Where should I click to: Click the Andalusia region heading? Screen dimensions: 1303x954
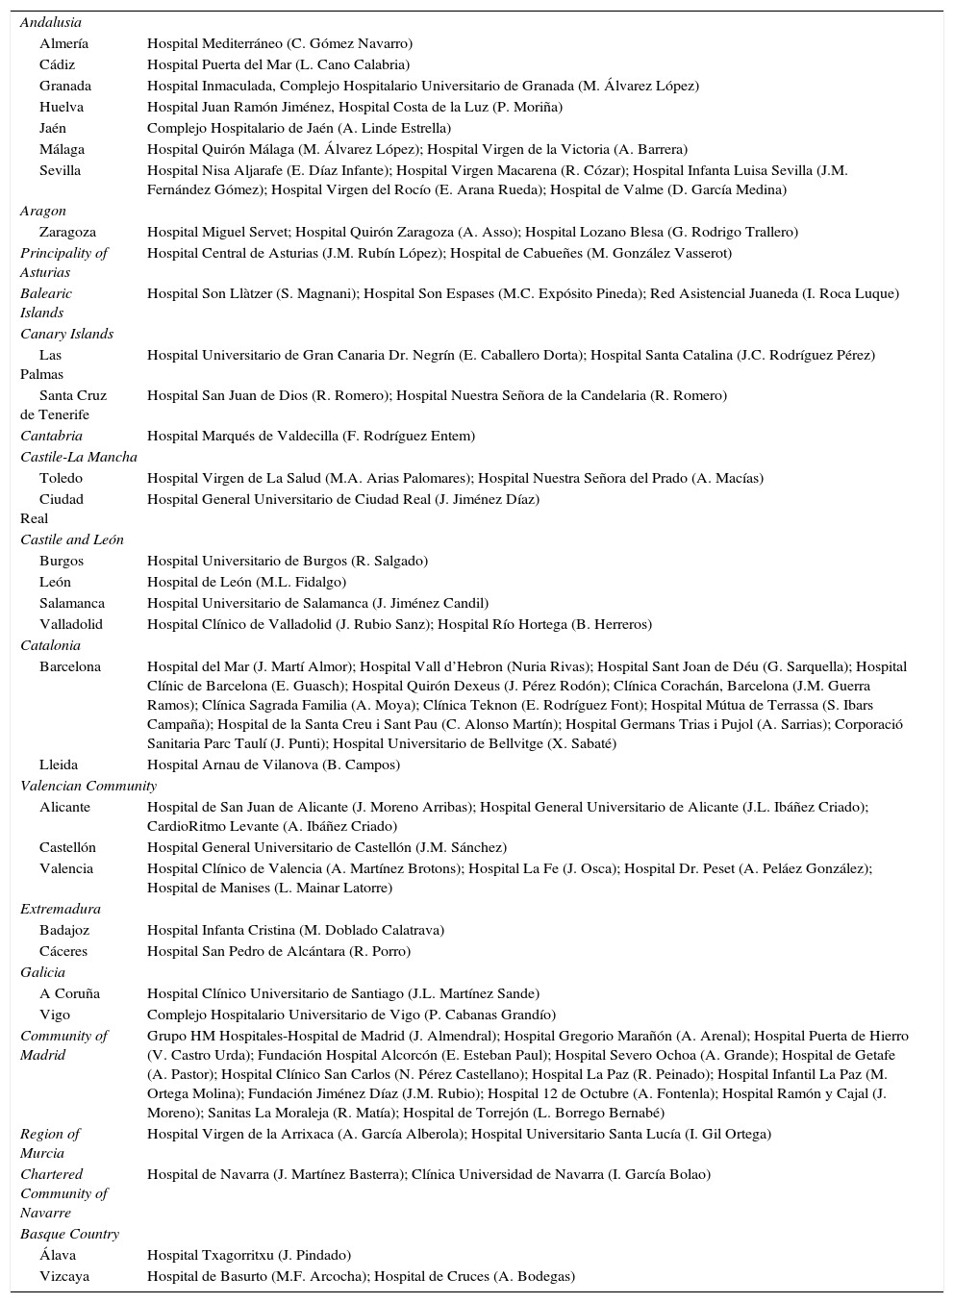click(51, 22)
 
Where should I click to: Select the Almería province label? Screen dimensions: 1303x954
click(63, 43)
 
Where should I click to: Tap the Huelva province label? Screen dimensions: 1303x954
click(62, 107)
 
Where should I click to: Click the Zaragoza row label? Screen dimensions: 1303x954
click(67, 232)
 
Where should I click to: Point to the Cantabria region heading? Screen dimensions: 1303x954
click(51, 436)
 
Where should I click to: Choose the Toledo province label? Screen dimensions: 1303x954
click(61, 478)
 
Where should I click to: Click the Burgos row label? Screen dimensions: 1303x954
click(62, 561)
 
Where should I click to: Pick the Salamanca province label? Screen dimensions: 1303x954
click(72, 603)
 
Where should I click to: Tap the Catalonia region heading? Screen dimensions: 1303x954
click(50, 645)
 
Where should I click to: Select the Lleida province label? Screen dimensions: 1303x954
click(60, 764)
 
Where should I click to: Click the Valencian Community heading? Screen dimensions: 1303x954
click(81, 786)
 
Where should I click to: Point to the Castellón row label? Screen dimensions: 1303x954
click(67, 847)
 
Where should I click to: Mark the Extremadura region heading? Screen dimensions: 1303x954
click(60, 909)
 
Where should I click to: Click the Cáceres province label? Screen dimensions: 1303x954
click(63, 951)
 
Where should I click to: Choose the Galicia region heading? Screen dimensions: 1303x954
click(42, 972)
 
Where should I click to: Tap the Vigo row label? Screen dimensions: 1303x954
click(55, 1015)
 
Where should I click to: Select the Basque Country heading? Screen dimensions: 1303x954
click(69, 1234)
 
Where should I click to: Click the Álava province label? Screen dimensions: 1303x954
click(58, 1255)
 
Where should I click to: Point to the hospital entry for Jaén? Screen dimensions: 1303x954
click(299, 128)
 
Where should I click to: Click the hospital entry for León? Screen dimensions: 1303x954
click(246, 582)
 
